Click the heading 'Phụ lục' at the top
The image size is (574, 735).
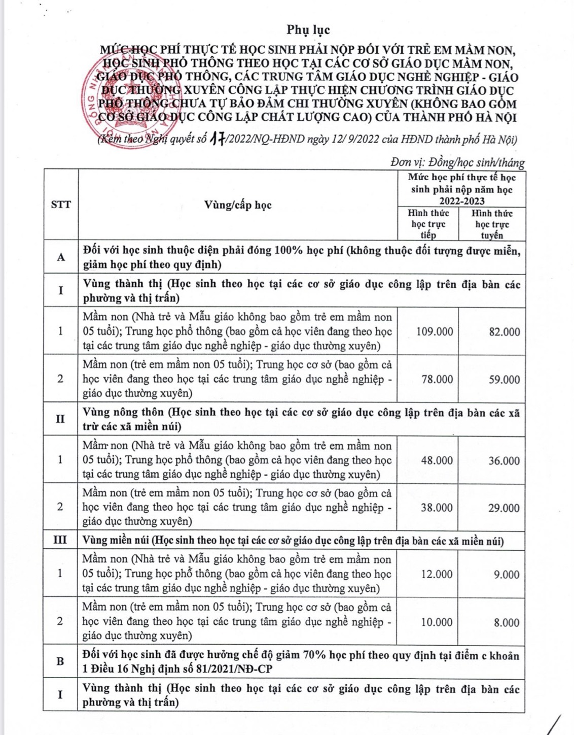(x=308, y=29)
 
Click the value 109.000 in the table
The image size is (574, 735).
(x=435, y=332)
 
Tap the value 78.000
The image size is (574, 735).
(x=437, y=379)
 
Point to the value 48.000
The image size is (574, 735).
(x=437, y=460)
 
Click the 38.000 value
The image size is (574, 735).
(x=437, y=508)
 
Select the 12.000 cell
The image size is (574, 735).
(x=437, y=574)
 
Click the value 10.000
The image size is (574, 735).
(x=437, y=622)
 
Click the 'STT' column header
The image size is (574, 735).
(x=61, y=205)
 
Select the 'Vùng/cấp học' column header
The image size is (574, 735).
(x=238, y=205)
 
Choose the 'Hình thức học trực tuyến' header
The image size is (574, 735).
(x=492, y=224)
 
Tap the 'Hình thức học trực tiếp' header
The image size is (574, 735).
(x=428, y=224)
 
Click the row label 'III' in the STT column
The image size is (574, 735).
(x=60, y=540)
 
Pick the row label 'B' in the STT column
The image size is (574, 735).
(x=60, y=661)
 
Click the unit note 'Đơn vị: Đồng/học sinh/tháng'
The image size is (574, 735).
(x=457, y=162)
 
